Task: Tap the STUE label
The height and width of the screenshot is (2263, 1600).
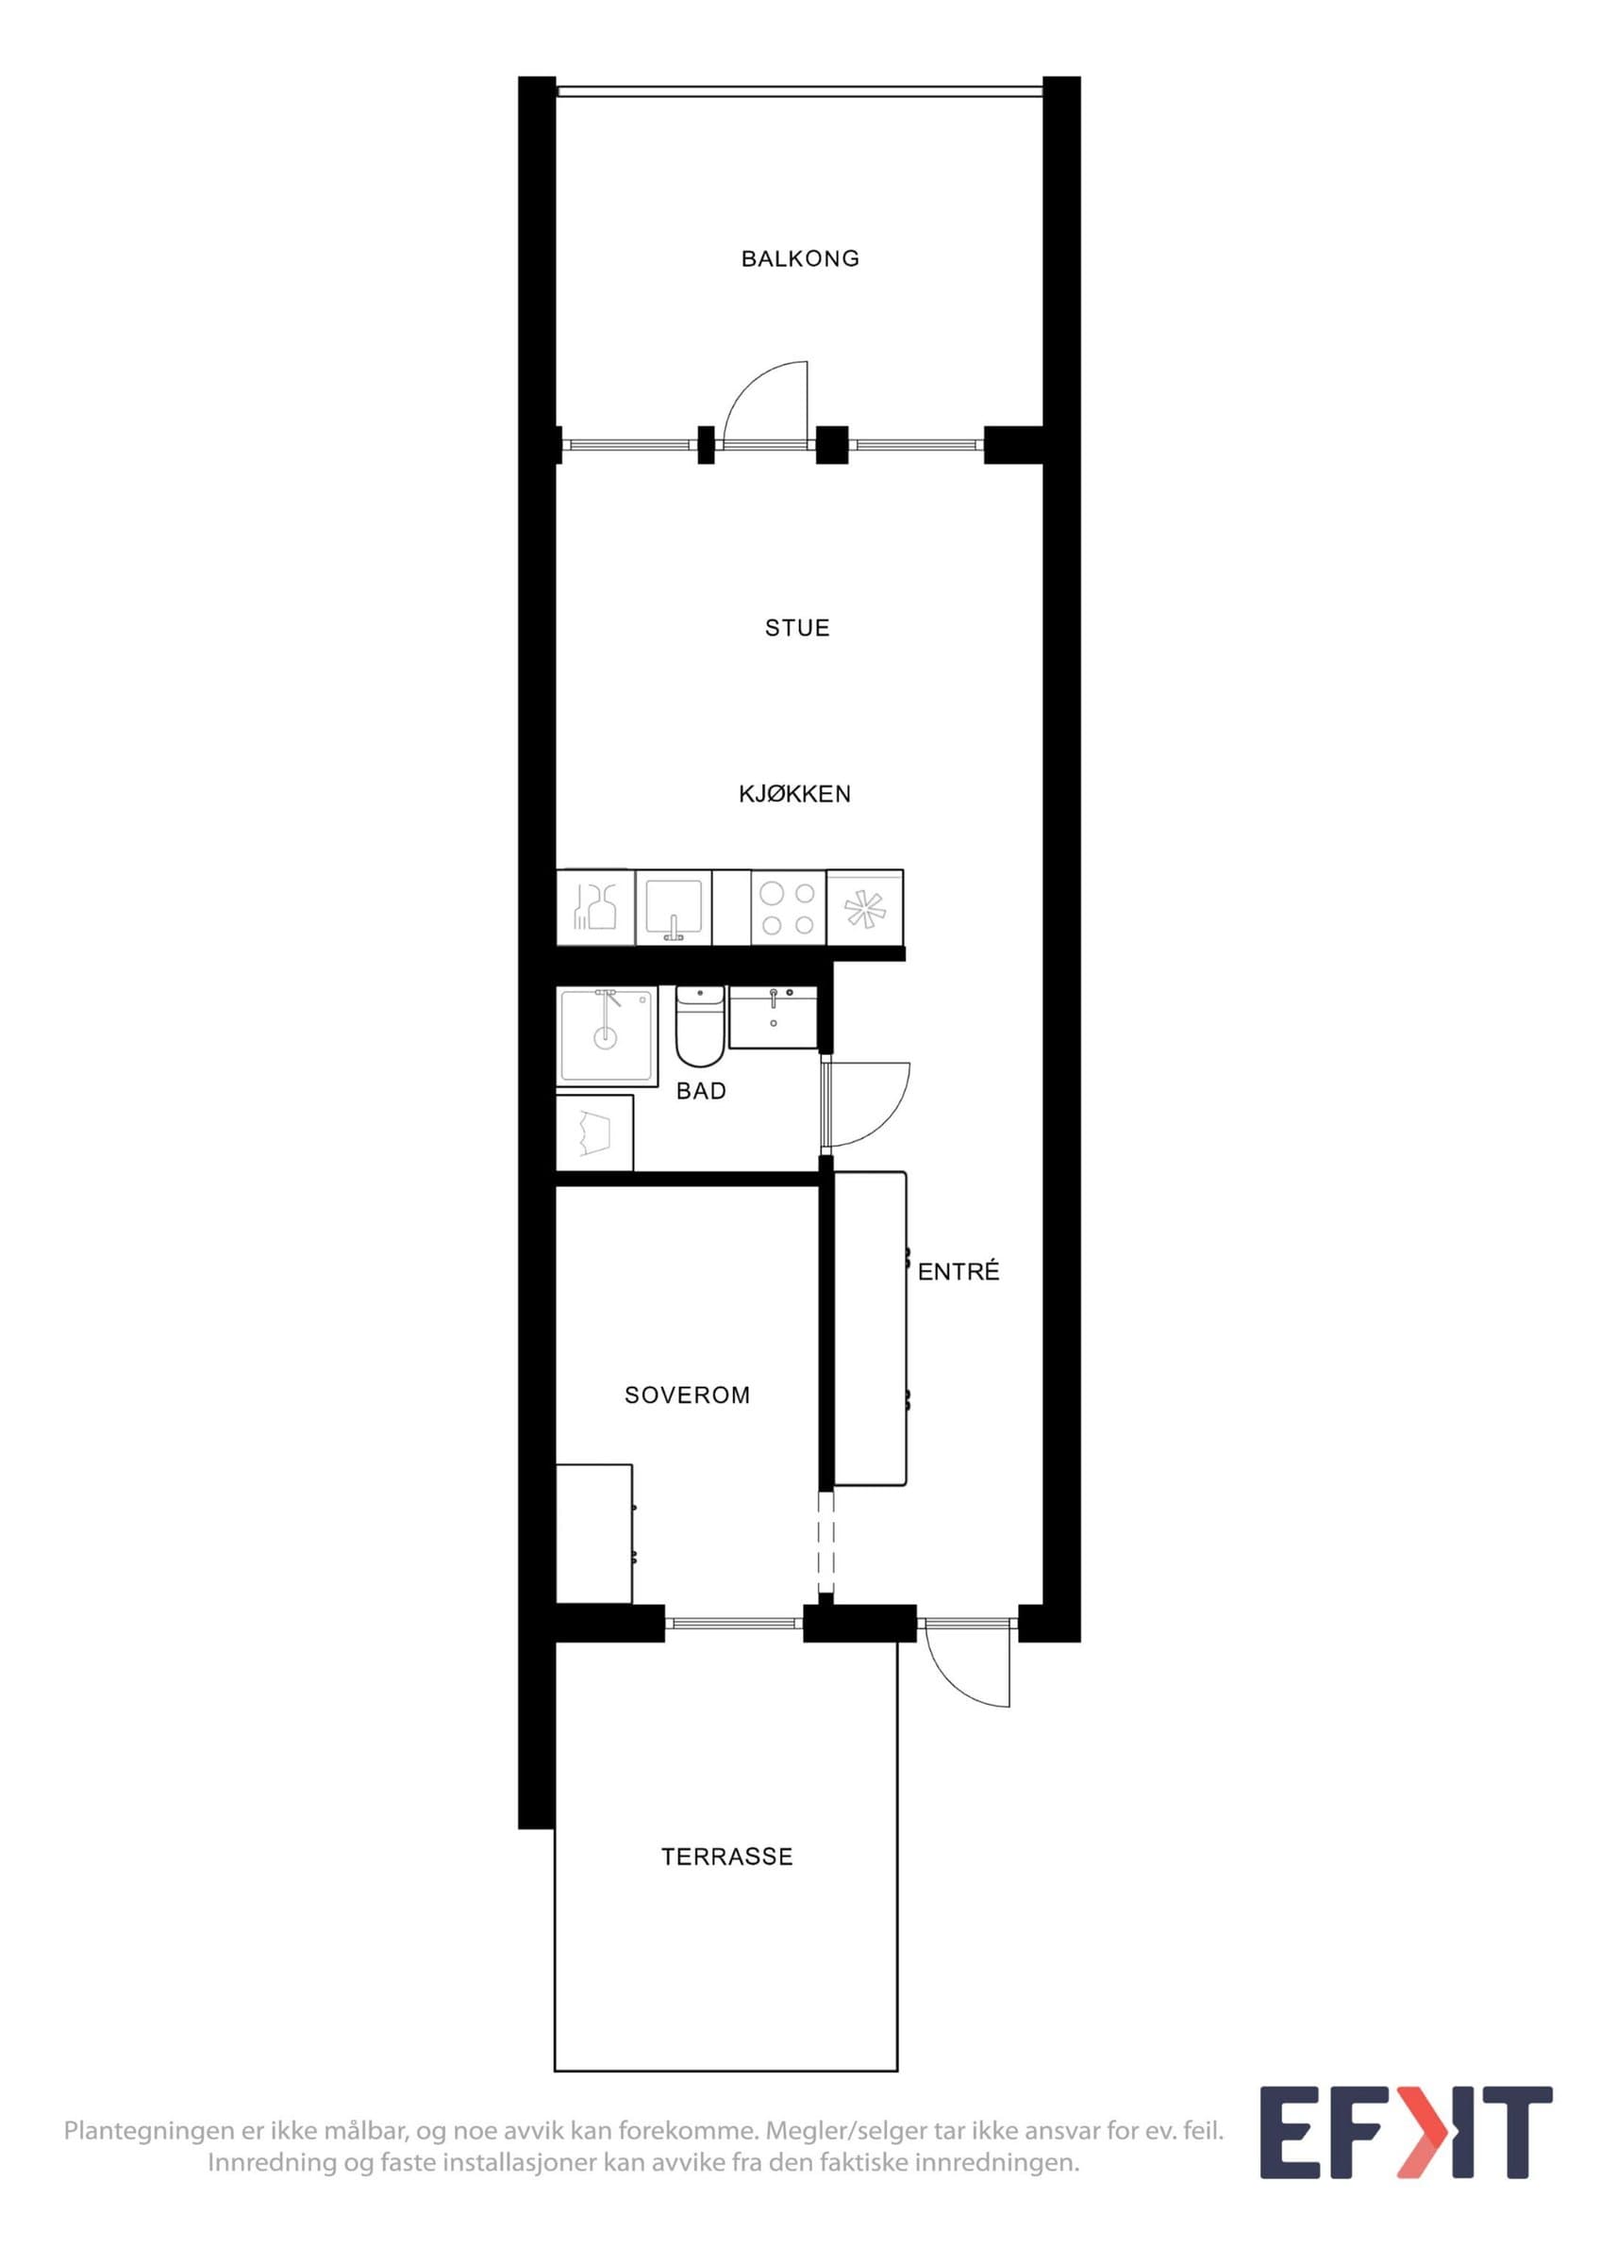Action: tap(796, 628)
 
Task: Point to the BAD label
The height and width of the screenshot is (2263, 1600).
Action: tap(701, 1091)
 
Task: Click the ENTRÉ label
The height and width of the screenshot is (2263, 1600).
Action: tap(958, 1270)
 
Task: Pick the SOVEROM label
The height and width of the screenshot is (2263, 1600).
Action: tap(687, 1395)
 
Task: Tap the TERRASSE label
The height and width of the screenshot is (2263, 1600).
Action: tap(726, 1857)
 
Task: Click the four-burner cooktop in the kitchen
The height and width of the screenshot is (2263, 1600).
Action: tap(789, 908)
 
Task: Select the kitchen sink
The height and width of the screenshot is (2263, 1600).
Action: tap(674, 908)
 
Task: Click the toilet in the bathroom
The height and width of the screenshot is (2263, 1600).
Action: tap(700, 1026)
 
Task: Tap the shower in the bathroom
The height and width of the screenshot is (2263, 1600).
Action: tap(607, 1036)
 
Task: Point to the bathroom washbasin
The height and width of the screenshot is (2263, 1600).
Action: tap(773, 1017)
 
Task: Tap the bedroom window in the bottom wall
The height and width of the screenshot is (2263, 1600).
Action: tap(735, 1622)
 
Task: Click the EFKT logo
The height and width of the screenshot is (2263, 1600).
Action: tap(1407, 2146)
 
